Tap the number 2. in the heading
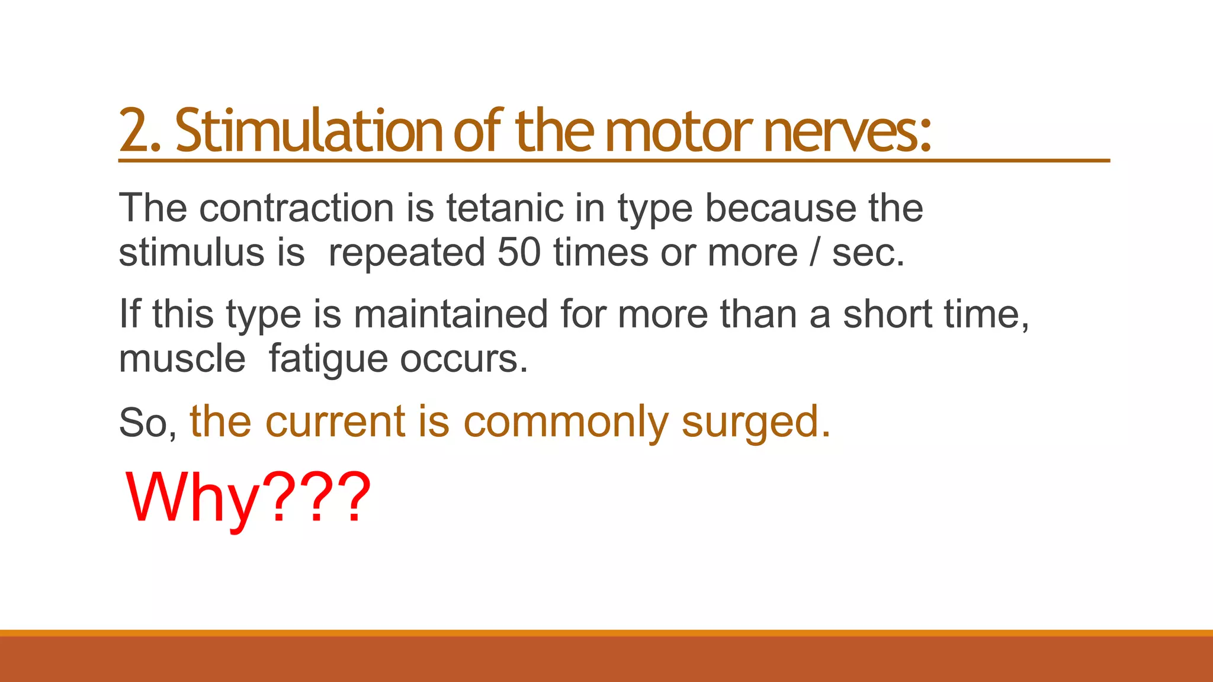[140, 130]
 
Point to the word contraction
[296, 208]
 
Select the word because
[780, 208]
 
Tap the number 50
[519, 253]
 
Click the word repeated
[406, 253]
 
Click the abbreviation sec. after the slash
[868, 253]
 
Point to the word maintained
[451, 314]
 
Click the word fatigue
[328, 359]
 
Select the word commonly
[566, 422]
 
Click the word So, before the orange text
[147, 423]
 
